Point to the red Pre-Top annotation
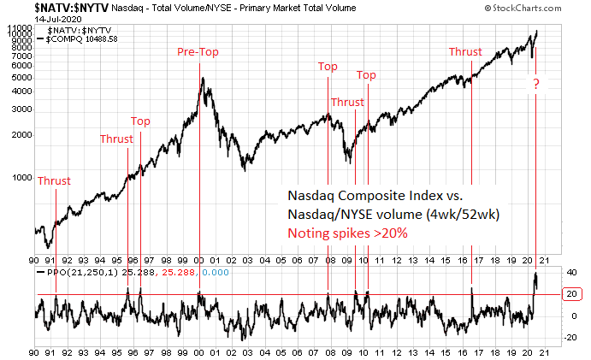[198, 52]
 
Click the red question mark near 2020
[536, 84]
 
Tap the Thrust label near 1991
[54, 180]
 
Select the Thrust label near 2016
[466, 52]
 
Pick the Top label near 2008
[328, 67]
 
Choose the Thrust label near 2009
[347, 103]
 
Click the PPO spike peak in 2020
[535, 274]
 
